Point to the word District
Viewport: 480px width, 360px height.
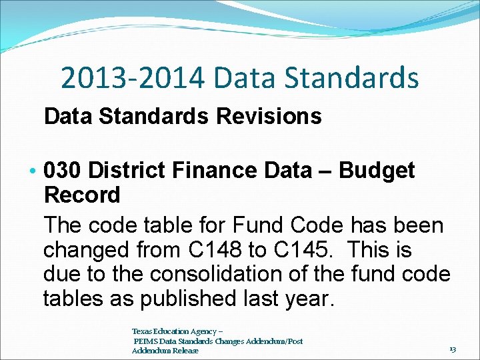[127, 171]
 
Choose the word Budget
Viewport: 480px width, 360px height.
[377, 171]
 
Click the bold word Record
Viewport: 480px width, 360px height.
[82, 196]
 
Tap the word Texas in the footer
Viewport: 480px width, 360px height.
[141, 331]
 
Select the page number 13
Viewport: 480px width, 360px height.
[453, 349]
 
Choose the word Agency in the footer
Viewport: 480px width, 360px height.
[201, 331]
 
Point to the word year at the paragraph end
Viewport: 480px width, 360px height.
[305, 299]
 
